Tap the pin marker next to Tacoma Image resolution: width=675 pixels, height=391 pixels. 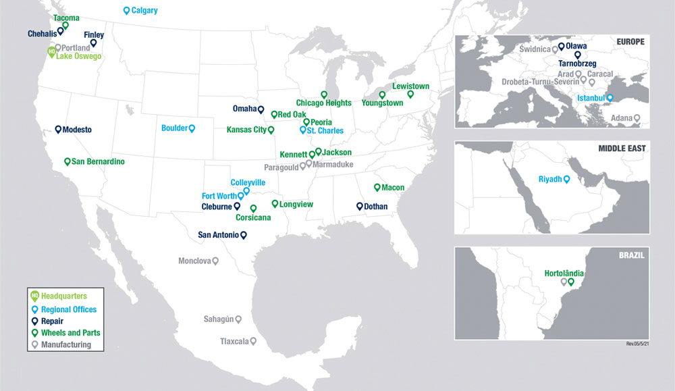pos(65,26)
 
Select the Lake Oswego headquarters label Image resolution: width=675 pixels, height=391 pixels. pos(78,57)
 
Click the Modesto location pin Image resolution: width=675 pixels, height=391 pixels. pos(58,128)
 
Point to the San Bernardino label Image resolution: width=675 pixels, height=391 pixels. pos(98,162)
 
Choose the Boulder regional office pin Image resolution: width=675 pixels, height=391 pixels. pos(192,128)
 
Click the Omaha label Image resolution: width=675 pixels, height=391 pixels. pos(244,109)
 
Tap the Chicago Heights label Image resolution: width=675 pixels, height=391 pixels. pos(324,103)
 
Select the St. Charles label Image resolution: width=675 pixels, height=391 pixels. pos(325,131)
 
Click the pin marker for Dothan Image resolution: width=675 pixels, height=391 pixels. pos(359,206)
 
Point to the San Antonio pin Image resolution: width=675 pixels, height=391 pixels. pos(244,235)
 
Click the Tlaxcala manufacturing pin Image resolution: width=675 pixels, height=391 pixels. pos(253,341)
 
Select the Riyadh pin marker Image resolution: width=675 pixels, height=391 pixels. pos(567,179)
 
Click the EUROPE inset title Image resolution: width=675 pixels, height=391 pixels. pos(630,42)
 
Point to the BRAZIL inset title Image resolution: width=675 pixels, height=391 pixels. pos(632,255)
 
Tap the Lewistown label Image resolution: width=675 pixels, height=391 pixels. pos(411,87)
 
